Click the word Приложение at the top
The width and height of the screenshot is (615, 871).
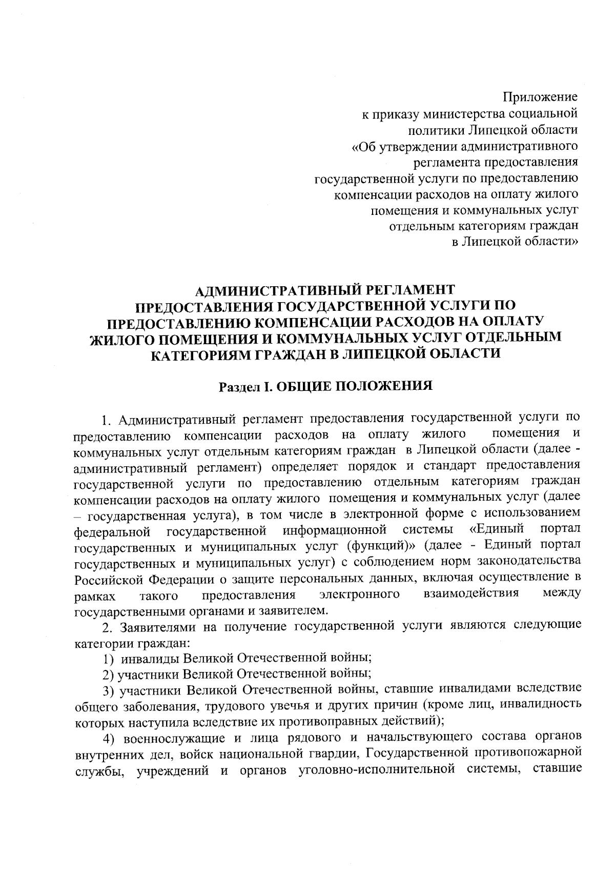pos(540,96)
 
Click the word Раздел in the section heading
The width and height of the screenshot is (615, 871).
pos(239,385)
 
